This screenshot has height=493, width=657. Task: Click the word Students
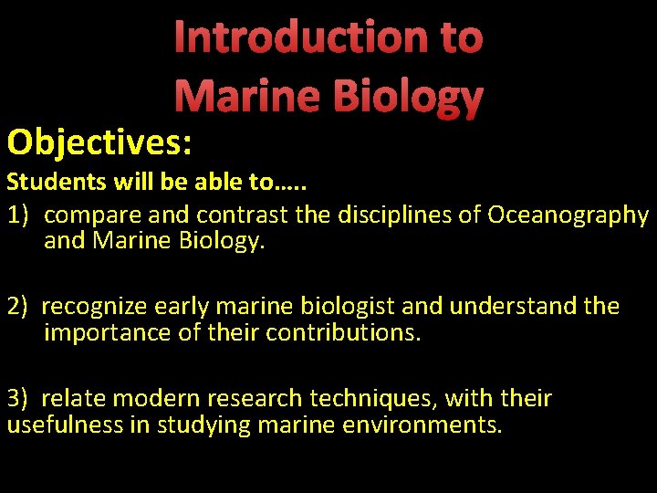(x=56, y=183)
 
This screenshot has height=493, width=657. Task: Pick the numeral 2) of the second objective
(x=20, y=306)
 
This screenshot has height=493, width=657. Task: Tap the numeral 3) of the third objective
(x=20, y=398)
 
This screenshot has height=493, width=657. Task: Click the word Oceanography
(x=568, y=216)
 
